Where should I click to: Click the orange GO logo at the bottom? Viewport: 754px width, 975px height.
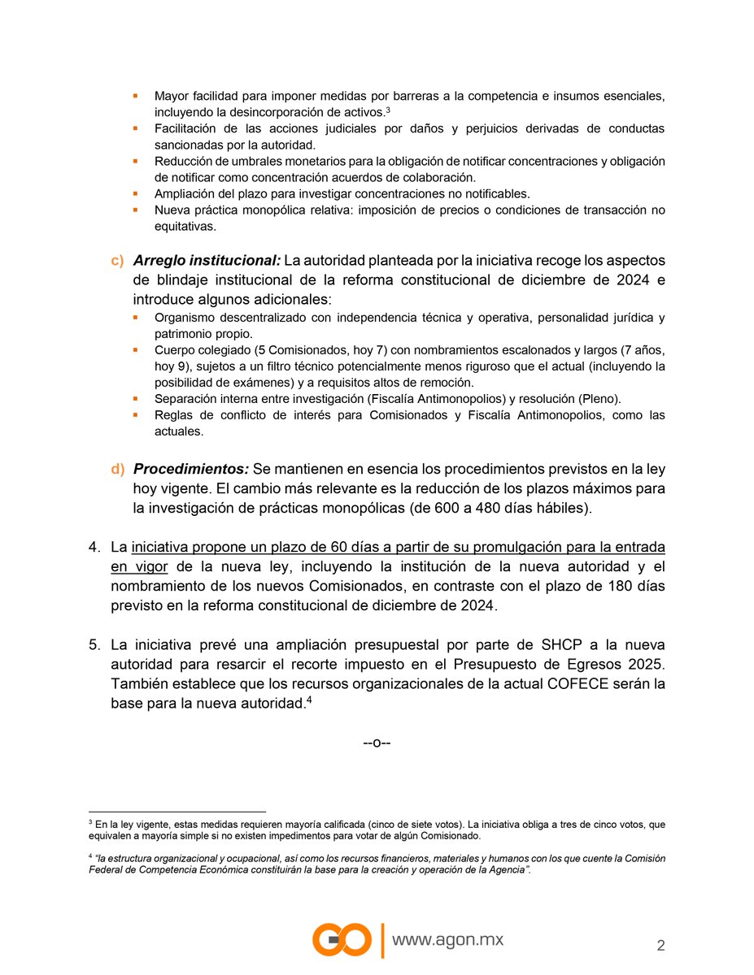tap(343, 940)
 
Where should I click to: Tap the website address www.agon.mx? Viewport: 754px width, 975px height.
tap(448, 940)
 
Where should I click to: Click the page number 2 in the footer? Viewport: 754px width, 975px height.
tap(660, 945)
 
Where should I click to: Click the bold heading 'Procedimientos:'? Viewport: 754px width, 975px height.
tap(191, 470)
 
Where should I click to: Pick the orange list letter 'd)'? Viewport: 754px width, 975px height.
tap(118, 470)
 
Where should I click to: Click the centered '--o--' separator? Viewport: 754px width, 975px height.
tap(377, 743)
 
